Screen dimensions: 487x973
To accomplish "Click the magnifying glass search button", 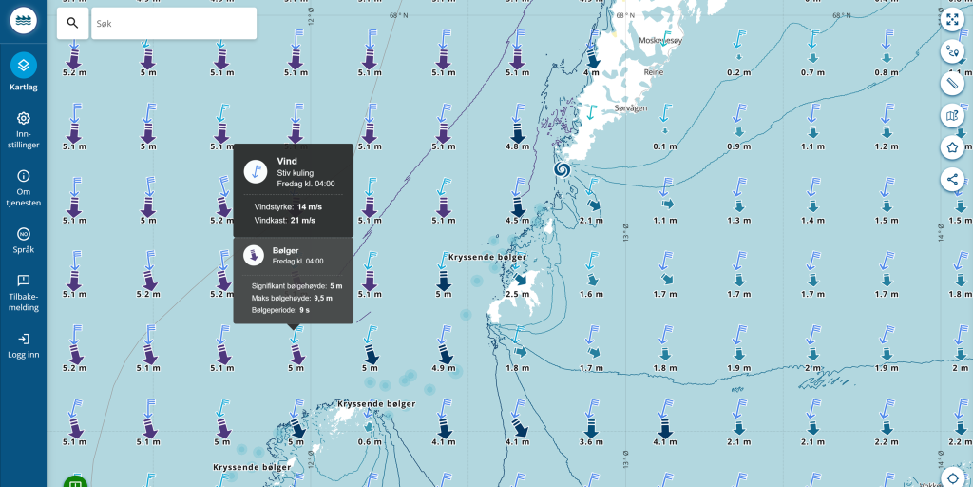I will pyautogui.click(x=72, y=24).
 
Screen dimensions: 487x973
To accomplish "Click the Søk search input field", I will pyautogui.click(x=173, y=24).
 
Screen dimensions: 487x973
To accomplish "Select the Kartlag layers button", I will pyautogui.click(x=24, y=70).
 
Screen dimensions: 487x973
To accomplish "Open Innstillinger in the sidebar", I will pyautogui.click(x=24, y=130).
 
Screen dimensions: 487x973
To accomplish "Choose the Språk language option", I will pyautogui.click(x=24, y=240).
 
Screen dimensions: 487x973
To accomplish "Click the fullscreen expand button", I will pyautogui.click(x=952, y=19).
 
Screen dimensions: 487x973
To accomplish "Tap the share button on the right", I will pyautogui.click(x=952, y=179).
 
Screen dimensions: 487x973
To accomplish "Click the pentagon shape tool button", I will pyautogui.click(x=952, y=147).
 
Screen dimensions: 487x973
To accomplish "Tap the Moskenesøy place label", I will pyautogui.click(x=661, y=41).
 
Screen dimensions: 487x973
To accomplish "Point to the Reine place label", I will pyautogui.click(x=653, y=71).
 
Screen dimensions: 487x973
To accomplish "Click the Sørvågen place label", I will pyautogui.click(x=630, y=109).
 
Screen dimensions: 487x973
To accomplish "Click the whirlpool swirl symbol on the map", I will pyautogui.click(x=562, y=169).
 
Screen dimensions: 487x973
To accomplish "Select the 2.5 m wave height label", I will pyautogui.click(x=517, y=294).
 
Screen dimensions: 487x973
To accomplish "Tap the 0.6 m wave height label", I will pyautogui.click(x=372, y=441).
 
